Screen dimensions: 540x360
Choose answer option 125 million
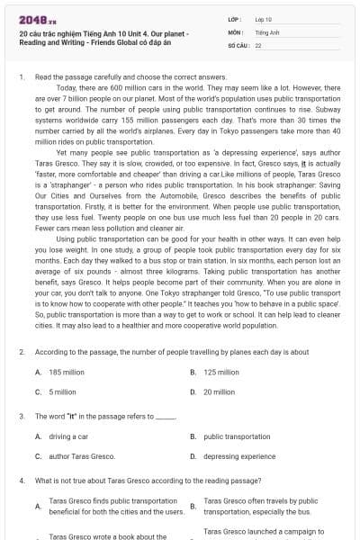point(221,372)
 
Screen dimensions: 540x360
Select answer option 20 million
point(220,391)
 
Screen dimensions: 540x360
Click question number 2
point(22,352)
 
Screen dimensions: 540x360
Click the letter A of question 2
point(38,372)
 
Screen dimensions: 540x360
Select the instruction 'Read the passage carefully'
point(81,78)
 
